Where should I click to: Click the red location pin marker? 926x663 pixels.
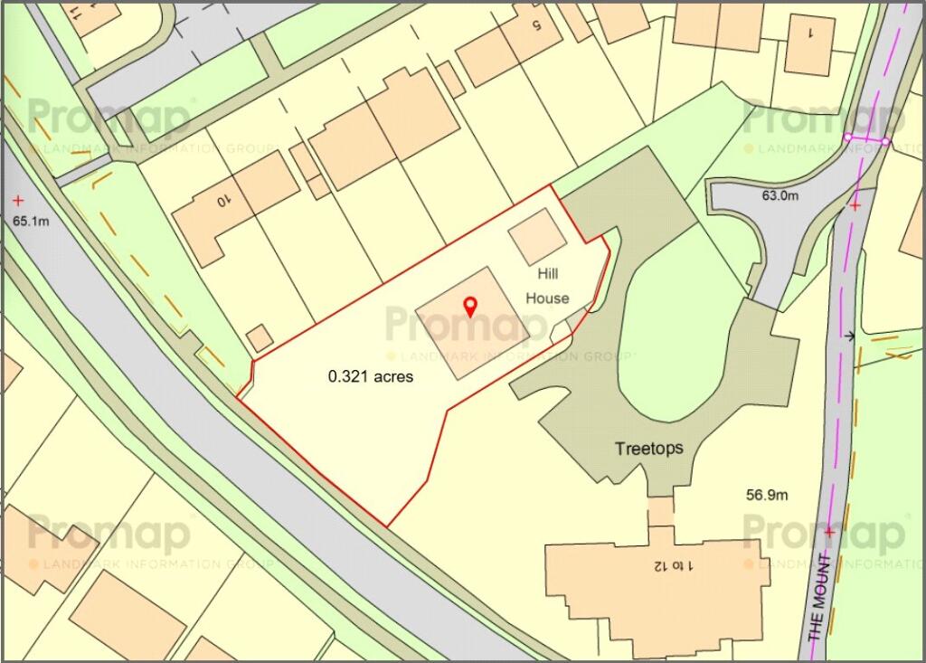point(469,307)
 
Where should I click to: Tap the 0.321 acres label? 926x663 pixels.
point(371,376)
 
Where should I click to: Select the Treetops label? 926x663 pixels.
point(648,448)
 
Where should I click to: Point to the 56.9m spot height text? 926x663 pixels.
point(767,495)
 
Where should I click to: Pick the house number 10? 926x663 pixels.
point(224,202)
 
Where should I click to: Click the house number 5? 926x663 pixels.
point(534,24)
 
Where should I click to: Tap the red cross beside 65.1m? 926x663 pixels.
point(17,200)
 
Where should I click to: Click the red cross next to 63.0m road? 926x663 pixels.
point(855,205)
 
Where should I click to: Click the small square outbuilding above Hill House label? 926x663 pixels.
point(537,235)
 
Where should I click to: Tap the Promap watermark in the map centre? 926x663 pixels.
point(457,324)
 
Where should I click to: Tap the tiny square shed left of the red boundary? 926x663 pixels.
point(260,338)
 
